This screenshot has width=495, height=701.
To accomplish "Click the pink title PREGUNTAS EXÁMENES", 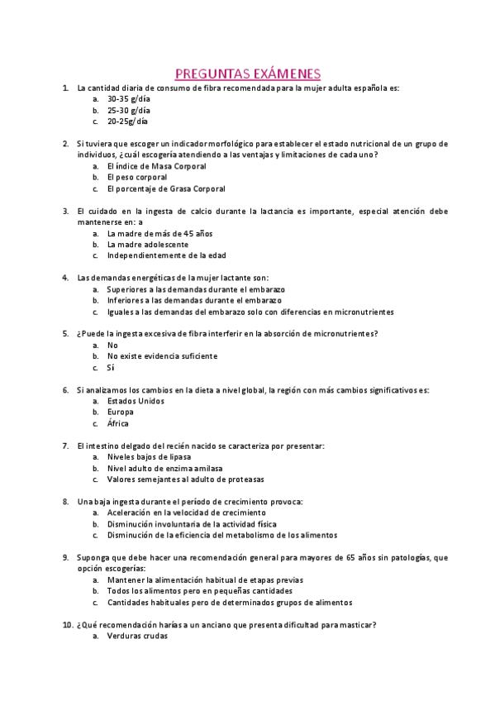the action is tap(248, 73).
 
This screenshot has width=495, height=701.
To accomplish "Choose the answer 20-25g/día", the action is tap(127, 121).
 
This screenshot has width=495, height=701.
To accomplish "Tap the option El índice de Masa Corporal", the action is tap(156, 166).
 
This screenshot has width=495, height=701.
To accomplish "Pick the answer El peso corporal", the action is tap(136, 177).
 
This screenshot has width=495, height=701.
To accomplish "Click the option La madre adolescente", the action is tap(147, 245).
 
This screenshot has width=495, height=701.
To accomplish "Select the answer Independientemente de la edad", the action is tap(166, 255).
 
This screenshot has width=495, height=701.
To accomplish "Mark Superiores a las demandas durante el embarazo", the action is tap(195, 290).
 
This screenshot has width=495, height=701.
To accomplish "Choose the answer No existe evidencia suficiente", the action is tap(162, 356).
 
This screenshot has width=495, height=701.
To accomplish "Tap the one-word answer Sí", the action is tap(112, 368).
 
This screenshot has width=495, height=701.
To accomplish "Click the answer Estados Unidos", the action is tap(136, 401).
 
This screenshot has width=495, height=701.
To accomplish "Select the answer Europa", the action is tap(121, 412).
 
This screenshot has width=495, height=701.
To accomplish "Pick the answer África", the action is tap(118, 423).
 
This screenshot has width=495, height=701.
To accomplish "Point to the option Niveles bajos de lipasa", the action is tap(149, 457).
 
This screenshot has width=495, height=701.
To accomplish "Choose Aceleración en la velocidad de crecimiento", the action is tap(187, 513).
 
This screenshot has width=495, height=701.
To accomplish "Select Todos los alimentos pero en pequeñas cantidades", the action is tap(199, 591).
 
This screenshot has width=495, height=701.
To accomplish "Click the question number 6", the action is tap(65, 390).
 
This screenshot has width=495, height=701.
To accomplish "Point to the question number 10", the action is tap(68, 625).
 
